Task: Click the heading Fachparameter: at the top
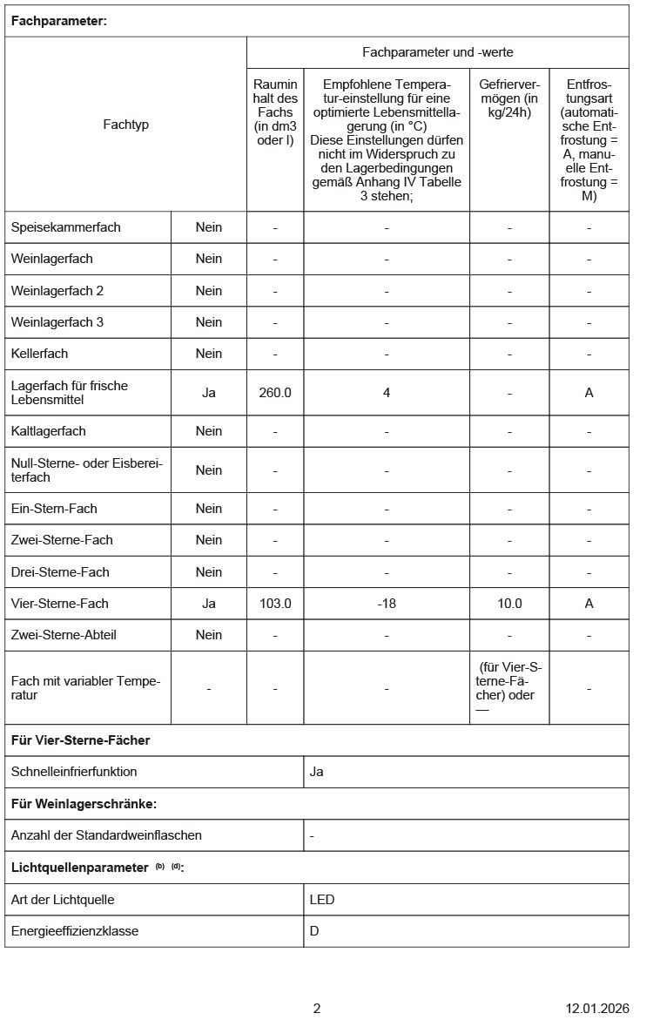click(58, 21)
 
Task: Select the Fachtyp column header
click(125, 125)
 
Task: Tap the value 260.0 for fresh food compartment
click(275, 393)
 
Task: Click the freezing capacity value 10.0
click(509, 604)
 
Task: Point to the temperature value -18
click(387, 604)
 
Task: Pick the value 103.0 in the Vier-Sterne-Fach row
click(275, 604)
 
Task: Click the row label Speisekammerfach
click(66, 227)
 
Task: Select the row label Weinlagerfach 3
click(57, 322)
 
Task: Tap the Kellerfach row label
click(39, 354)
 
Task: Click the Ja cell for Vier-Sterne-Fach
click(209, 604)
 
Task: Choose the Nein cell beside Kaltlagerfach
click(209, 431)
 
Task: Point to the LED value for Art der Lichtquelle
click(321, 900)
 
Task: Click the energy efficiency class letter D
click(314, 931)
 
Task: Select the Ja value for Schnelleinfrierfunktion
click(317, 772)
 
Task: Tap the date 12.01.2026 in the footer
click(596, 1009)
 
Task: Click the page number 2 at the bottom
click(317, 1009)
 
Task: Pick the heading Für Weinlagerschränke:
click(84, 803)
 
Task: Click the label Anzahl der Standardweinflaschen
click(106, 835)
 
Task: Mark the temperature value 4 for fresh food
click(387, 393)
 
